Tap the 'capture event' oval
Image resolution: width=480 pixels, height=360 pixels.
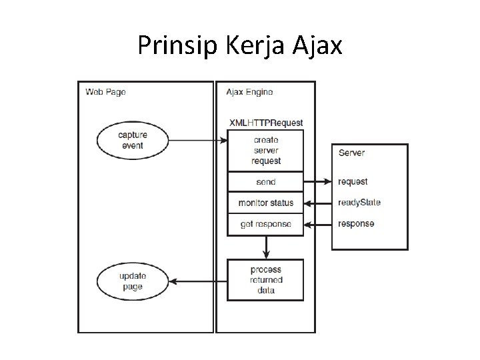coord(133,140)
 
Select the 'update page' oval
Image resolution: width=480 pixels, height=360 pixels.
coord(132,281)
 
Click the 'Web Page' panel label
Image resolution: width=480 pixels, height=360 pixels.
coord(106,92)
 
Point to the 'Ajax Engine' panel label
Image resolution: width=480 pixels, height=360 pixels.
coord(249,92)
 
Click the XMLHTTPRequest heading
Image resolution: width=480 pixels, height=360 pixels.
coord(266,123)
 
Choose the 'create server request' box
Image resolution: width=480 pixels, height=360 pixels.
coord(266,151)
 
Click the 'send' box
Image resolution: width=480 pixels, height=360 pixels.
coord(266,182)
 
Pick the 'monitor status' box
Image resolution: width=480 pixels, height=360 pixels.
coord(266,203)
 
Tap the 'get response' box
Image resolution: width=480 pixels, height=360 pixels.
coord(266,224)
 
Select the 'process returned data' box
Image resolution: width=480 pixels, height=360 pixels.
coord(266,280)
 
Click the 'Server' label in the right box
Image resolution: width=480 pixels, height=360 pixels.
coord(351,153)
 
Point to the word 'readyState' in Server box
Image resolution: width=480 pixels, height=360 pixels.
coord(359,203)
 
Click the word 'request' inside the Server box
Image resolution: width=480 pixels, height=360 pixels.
coord(353,182)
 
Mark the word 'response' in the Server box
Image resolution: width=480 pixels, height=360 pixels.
coord(356,224)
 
